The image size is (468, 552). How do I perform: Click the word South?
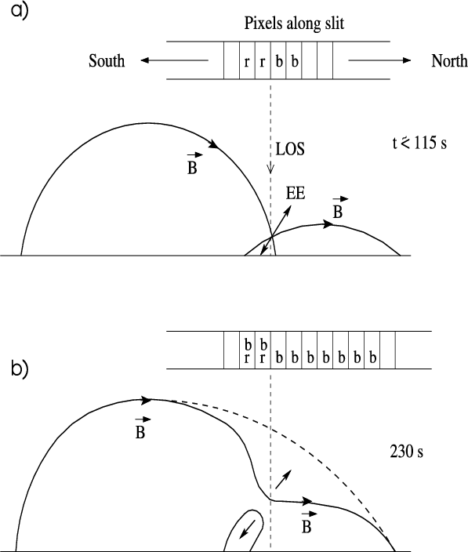(107, 60)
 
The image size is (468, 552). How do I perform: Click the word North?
(449, 61)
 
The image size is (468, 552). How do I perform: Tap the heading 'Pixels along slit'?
(294, 24)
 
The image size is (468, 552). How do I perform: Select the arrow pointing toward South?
(175, 60)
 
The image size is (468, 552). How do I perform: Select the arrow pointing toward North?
(379, 60)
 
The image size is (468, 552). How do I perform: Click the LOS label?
(290, 149)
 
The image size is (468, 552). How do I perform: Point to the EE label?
(296, 193)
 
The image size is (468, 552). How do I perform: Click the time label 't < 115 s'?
(419, 143)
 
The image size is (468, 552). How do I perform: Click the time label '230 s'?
(406, 452)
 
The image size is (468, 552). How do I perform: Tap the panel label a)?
(20, 10)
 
